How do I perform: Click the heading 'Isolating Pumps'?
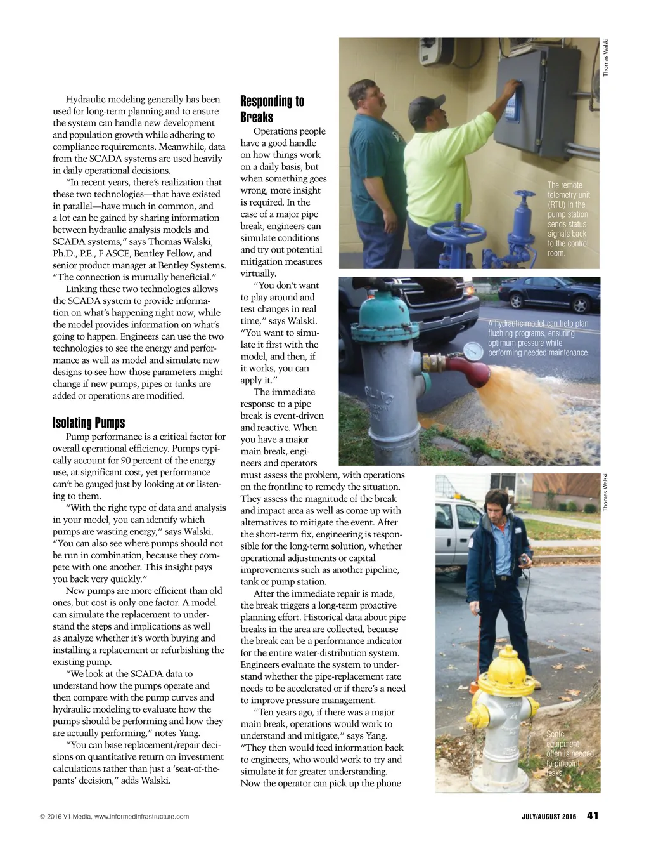[89, 423]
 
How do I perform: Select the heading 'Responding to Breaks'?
[272, 109]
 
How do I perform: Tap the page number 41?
[593, 816]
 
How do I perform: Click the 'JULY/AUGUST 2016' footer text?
[544, 817]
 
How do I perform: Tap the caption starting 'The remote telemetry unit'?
[568, 219]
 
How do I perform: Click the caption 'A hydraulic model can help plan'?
[538, 338]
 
